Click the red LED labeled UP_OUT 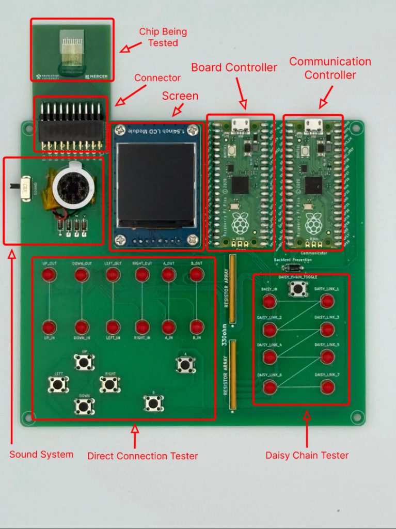pos(49,275)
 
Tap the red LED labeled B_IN pos(196,327)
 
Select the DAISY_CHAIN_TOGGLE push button pos(296,289)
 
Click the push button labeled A pos(185,365)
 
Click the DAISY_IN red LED pos(270,302)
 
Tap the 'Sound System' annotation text pos(41,455)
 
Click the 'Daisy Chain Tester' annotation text pos(307,455)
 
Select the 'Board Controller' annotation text pos(234,68)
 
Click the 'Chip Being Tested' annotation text pos(163,37)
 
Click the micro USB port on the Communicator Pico pos(311,124)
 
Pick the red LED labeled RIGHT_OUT pos(142,275)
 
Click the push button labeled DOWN pos(84,406)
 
